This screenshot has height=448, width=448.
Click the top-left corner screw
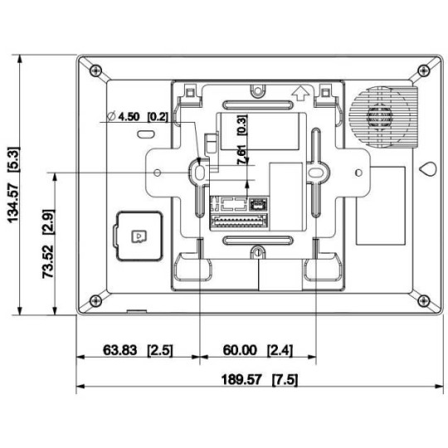tap(95, 70)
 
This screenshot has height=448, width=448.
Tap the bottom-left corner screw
tap(95, 299)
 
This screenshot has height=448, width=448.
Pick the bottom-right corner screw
tap(424, 299)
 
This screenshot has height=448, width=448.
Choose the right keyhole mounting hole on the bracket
tap(315, 170)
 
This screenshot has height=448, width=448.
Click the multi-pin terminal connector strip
tap(238, 221)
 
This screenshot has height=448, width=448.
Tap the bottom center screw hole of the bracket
tap(258, 252)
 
